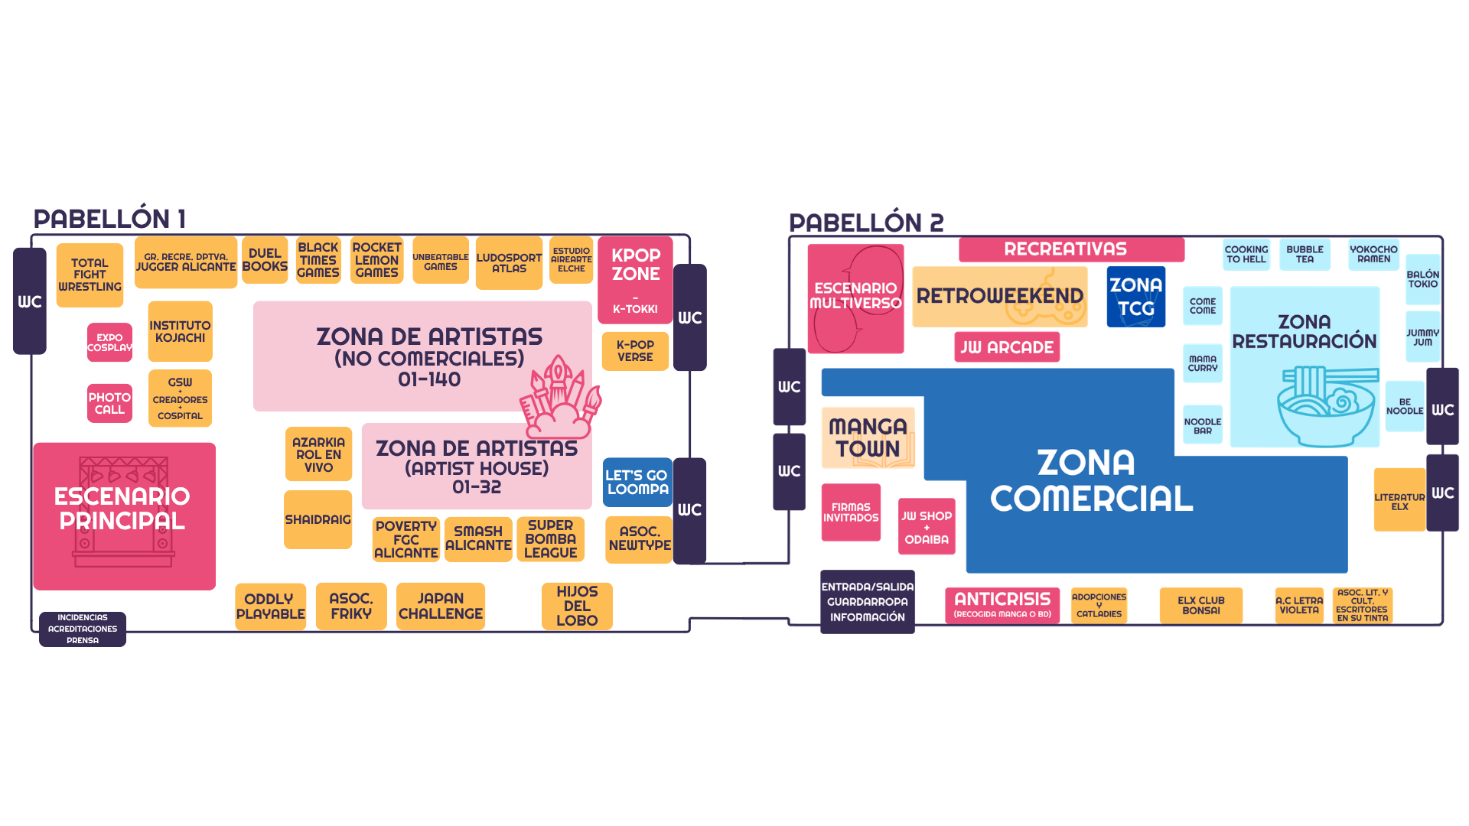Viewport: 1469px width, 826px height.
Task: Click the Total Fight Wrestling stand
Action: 90,275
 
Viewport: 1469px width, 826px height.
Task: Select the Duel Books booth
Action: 265,260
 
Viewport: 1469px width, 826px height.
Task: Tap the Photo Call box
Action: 109,403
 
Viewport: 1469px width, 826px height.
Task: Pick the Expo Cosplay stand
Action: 109,342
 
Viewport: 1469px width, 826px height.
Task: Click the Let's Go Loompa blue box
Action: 637,482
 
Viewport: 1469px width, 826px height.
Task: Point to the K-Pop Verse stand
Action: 635,351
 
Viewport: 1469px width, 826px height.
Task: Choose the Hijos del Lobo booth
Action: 577,606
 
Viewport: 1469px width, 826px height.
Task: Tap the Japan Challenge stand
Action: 441,606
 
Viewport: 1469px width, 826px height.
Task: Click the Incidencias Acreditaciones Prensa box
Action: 83,629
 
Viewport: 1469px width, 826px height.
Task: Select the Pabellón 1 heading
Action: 109,219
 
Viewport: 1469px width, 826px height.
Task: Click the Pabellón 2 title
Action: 866,223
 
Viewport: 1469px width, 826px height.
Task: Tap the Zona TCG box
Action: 1135,297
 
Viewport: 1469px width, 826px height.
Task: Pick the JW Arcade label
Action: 1007,347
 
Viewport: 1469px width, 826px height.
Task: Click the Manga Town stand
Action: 868,437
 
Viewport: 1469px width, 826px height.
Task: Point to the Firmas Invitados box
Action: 851,512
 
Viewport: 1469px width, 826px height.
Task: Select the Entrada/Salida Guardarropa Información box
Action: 868,602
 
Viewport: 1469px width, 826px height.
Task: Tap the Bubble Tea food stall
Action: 1305,254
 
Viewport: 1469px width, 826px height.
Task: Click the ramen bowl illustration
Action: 1326,405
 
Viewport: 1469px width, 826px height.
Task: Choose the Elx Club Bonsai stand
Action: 1200,605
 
